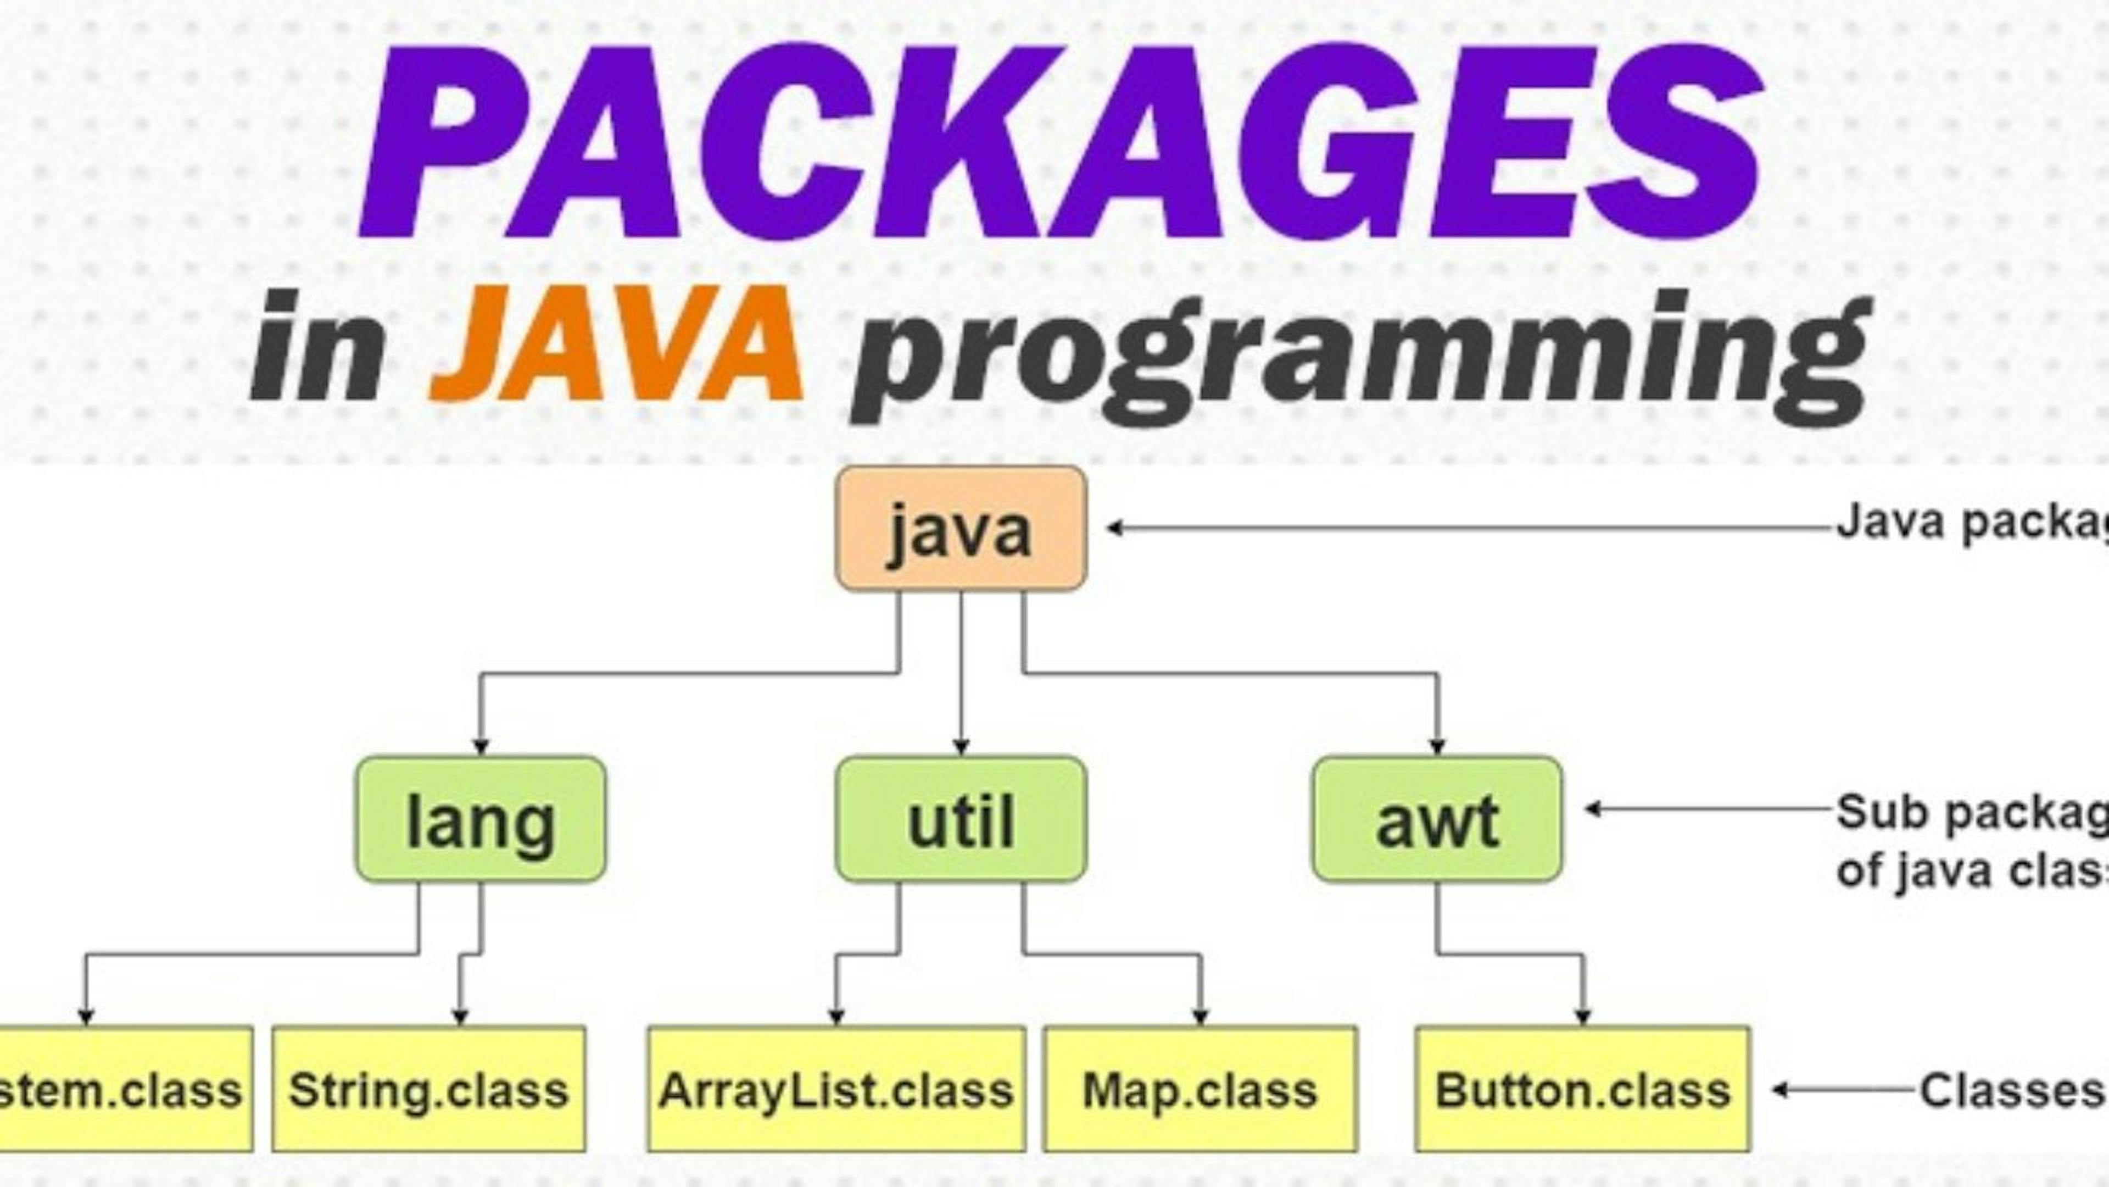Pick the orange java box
961,528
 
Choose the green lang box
481,819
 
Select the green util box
961,819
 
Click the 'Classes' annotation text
2011,1090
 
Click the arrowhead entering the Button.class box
1582,1018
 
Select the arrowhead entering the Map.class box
1200,1018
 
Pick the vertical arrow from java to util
961,672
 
